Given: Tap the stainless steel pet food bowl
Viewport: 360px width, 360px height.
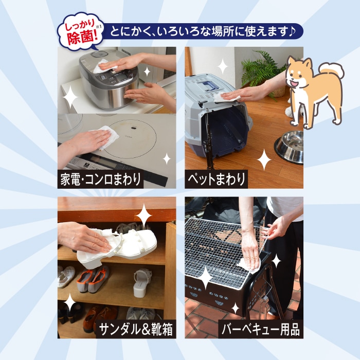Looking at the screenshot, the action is click(x=289, y=147).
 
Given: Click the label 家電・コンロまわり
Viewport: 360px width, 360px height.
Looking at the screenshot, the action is click(x=100, y=179).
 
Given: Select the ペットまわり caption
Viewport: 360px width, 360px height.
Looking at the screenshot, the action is click(x=216, y=179).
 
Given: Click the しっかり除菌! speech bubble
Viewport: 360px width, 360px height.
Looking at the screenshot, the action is click(x=81, y=31).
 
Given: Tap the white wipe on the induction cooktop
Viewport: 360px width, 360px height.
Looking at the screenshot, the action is click(x=107, y=137).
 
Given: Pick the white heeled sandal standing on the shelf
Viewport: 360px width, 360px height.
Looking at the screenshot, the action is click(x=142, y=283).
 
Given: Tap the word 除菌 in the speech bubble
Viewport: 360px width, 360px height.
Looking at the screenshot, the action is click(x=80, y=37).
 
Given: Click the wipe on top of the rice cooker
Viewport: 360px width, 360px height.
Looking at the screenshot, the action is click(x=103, y=66).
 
